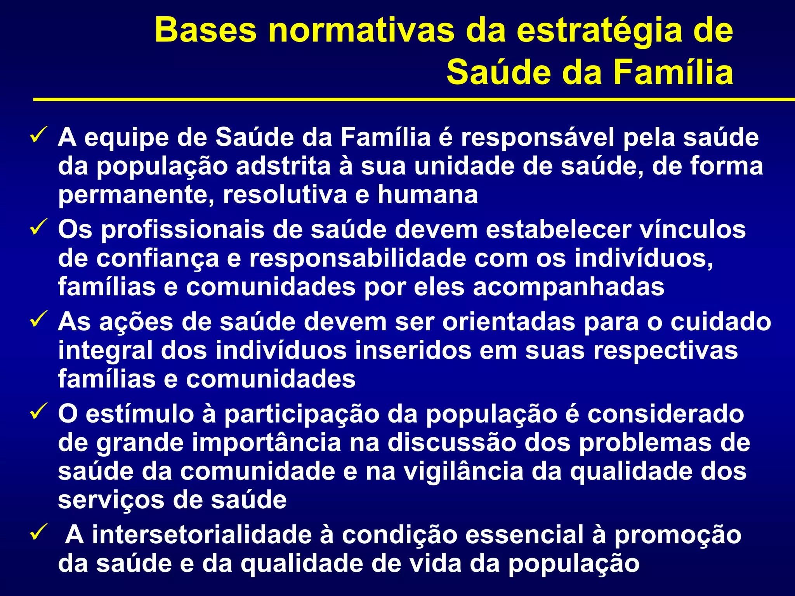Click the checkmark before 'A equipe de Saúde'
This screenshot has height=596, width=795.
tap(39, 135)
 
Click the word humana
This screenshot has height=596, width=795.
tap(427, 194)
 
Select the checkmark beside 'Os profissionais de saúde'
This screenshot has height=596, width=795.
tap(39, 227)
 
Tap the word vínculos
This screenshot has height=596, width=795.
tap(693, 229)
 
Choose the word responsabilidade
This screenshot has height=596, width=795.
tap(357, 258)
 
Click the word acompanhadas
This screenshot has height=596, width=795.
tap(569, 287)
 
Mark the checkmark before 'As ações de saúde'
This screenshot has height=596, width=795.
tap(39, 319)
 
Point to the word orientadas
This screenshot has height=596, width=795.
tap(509, 322)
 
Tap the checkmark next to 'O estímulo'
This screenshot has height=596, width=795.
tap(39, 411)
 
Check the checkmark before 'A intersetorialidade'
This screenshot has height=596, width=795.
tap(39, 532)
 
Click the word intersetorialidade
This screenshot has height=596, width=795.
tap(202, 535)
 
